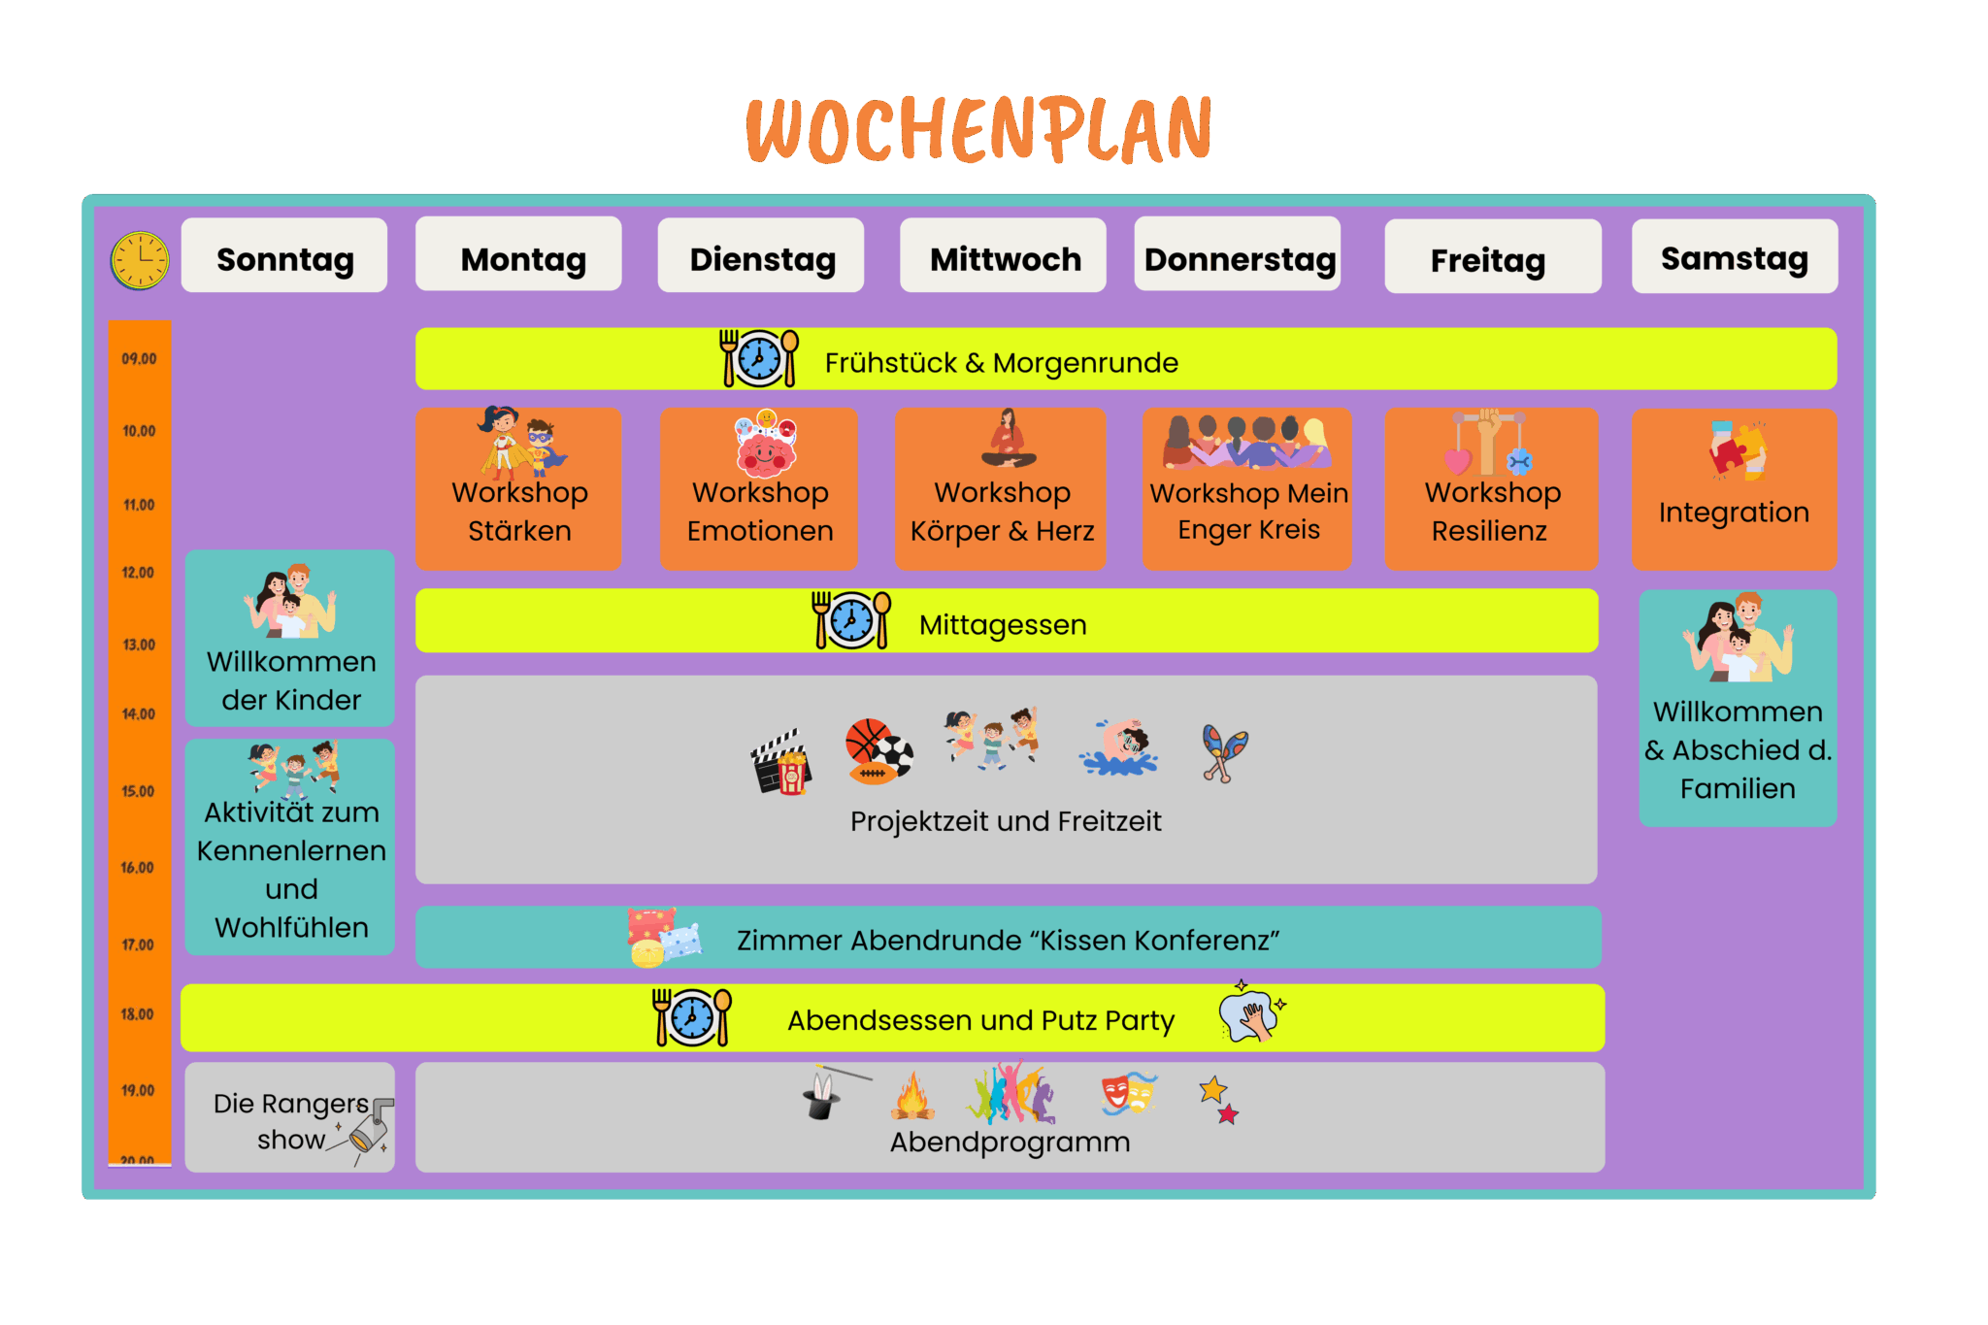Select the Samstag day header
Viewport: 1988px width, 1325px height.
click(1734, 257)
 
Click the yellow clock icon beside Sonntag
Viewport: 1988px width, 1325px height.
click(140, 260)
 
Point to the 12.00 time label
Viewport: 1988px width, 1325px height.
click(138, 573)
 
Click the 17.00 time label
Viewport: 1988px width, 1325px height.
click(138, 944)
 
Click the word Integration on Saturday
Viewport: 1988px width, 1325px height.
click(1734, 513)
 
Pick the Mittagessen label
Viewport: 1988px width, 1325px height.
click(1003, 625)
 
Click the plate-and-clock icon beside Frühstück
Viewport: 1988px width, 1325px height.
click(759, 358)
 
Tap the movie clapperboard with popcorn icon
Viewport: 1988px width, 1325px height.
click(781, 763)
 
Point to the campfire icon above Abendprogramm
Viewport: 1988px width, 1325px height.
click(912, 1096)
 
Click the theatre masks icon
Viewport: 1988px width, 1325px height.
click(1127, 1093)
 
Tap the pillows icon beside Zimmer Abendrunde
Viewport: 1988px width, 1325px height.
click(663, 938)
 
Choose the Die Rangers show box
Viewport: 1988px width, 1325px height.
click(290, 1118)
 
